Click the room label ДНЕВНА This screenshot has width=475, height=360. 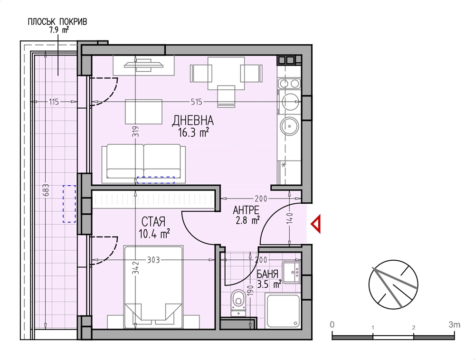pos(193,121)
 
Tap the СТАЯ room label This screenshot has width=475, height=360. pos(153,222)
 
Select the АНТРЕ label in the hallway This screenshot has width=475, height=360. pos(246,210)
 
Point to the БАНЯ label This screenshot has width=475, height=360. pos(267,275)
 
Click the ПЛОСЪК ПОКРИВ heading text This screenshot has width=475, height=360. pos(57,22)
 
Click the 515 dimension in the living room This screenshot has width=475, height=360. pos(196,102)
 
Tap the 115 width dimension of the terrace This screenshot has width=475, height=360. pos(54,102)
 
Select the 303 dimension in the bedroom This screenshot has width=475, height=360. pos(153,260)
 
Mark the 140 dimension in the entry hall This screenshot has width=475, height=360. pos(289,218)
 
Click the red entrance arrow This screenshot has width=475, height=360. pos(316,224)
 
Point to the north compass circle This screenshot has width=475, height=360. pos(393,284)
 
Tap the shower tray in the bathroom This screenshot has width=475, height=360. pos(283,311)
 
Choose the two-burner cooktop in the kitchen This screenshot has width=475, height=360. pos(290,83)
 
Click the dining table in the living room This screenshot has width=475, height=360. pos(226,73)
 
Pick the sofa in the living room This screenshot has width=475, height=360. pos(144,163)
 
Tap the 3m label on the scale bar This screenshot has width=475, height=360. pos(455,325)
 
